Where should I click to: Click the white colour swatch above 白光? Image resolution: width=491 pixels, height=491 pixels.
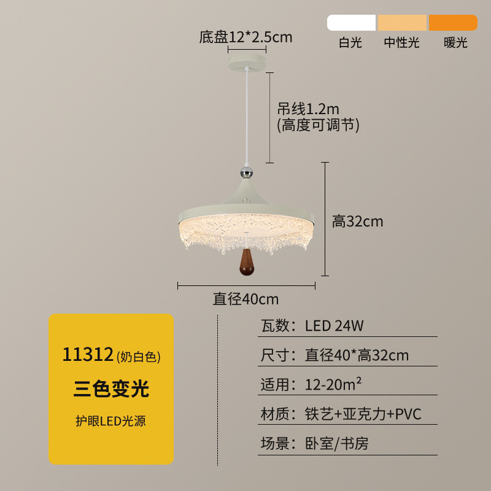(351, 23)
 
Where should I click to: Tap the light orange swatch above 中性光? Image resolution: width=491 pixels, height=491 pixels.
(402, 23)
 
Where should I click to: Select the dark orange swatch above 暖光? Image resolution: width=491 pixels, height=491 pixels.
(453, 23)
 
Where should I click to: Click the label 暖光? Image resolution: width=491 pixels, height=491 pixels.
(455, 42)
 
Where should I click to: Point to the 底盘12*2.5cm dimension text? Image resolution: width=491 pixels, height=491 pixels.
(246, 37)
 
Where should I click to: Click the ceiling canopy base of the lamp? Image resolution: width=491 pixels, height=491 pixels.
(247, 62)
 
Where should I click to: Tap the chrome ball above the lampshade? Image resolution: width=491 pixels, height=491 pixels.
(247, 172)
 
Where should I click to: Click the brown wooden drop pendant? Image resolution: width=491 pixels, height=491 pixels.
(247, 262)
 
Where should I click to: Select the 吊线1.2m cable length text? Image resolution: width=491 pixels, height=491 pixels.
(308, 109)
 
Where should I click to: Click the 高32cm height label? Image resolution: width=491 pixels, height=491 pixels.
(358, 222)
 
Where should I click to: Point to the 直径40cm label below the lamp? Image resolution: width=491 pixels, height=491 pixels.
(246, 299)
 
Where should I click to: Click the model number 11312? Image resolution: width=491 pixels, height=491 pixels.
(88, 355)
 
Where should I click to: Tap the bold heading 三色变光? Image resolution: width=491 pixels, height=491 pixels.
(111, 389)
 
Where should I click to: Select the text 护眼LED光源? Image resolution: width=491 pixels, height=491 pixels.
(111, 421)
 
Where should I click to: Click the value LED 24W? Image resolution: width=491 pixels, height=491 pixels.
(334, 326)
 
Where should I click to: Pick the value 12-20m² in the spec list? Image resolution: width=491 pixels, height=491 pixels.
(333, 384)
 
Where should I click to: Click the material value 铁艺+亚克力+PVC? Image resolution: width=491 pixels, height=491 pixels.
(363, 414)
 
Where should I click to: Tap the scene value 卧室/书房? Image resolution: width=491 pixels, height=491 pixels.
(336, 443)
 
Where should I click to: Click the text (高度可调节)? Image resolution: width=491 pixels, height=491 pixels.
(318, 125)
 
